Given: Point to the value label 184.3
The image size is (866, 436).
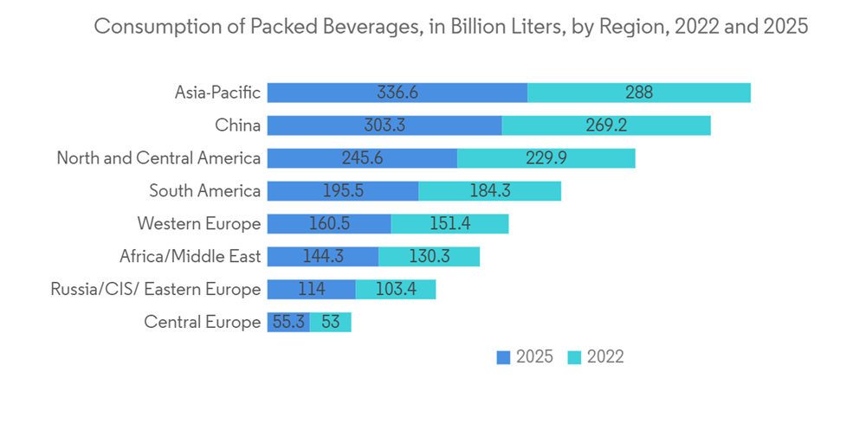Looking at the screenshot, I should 489,191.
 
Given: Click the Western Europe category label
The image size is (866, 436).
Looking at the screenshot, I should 198,224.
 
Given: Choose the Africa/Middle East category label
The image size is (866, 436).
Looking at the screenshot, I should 190,257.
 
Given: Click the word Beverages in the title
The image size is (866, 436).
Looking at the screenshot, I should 351,27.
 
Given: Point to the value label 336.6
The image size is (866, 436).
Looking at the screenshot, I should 397,93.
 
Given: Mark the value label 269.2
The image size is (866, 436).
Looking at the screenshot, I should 606,125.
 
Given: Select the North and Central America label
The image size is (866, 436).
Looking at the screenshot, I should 158,158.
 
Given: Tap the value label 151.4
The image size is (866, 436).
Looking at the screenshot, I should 449,224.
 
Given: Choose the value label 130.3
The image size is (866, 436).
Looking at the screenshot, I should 429,257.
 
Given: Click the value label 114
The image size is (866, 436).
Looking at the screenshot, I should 311,290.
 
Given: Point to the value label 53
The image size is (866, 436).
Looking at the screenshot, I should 330,323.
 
